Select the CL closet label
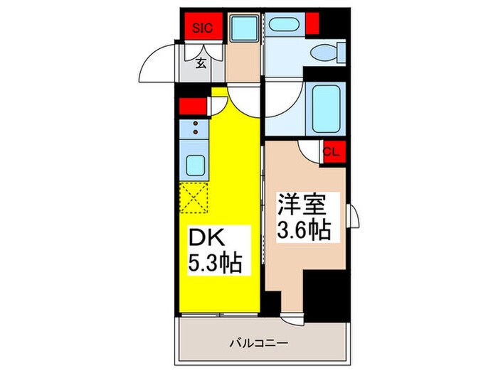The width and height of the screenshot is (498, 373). point(331,151)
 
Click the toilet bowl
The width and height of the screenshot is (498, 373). point(328,51)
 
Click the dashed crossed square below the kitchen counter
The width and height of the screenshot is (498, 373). point(194,197)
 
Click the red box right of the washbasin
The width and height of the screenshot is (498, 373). point(312,22)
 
